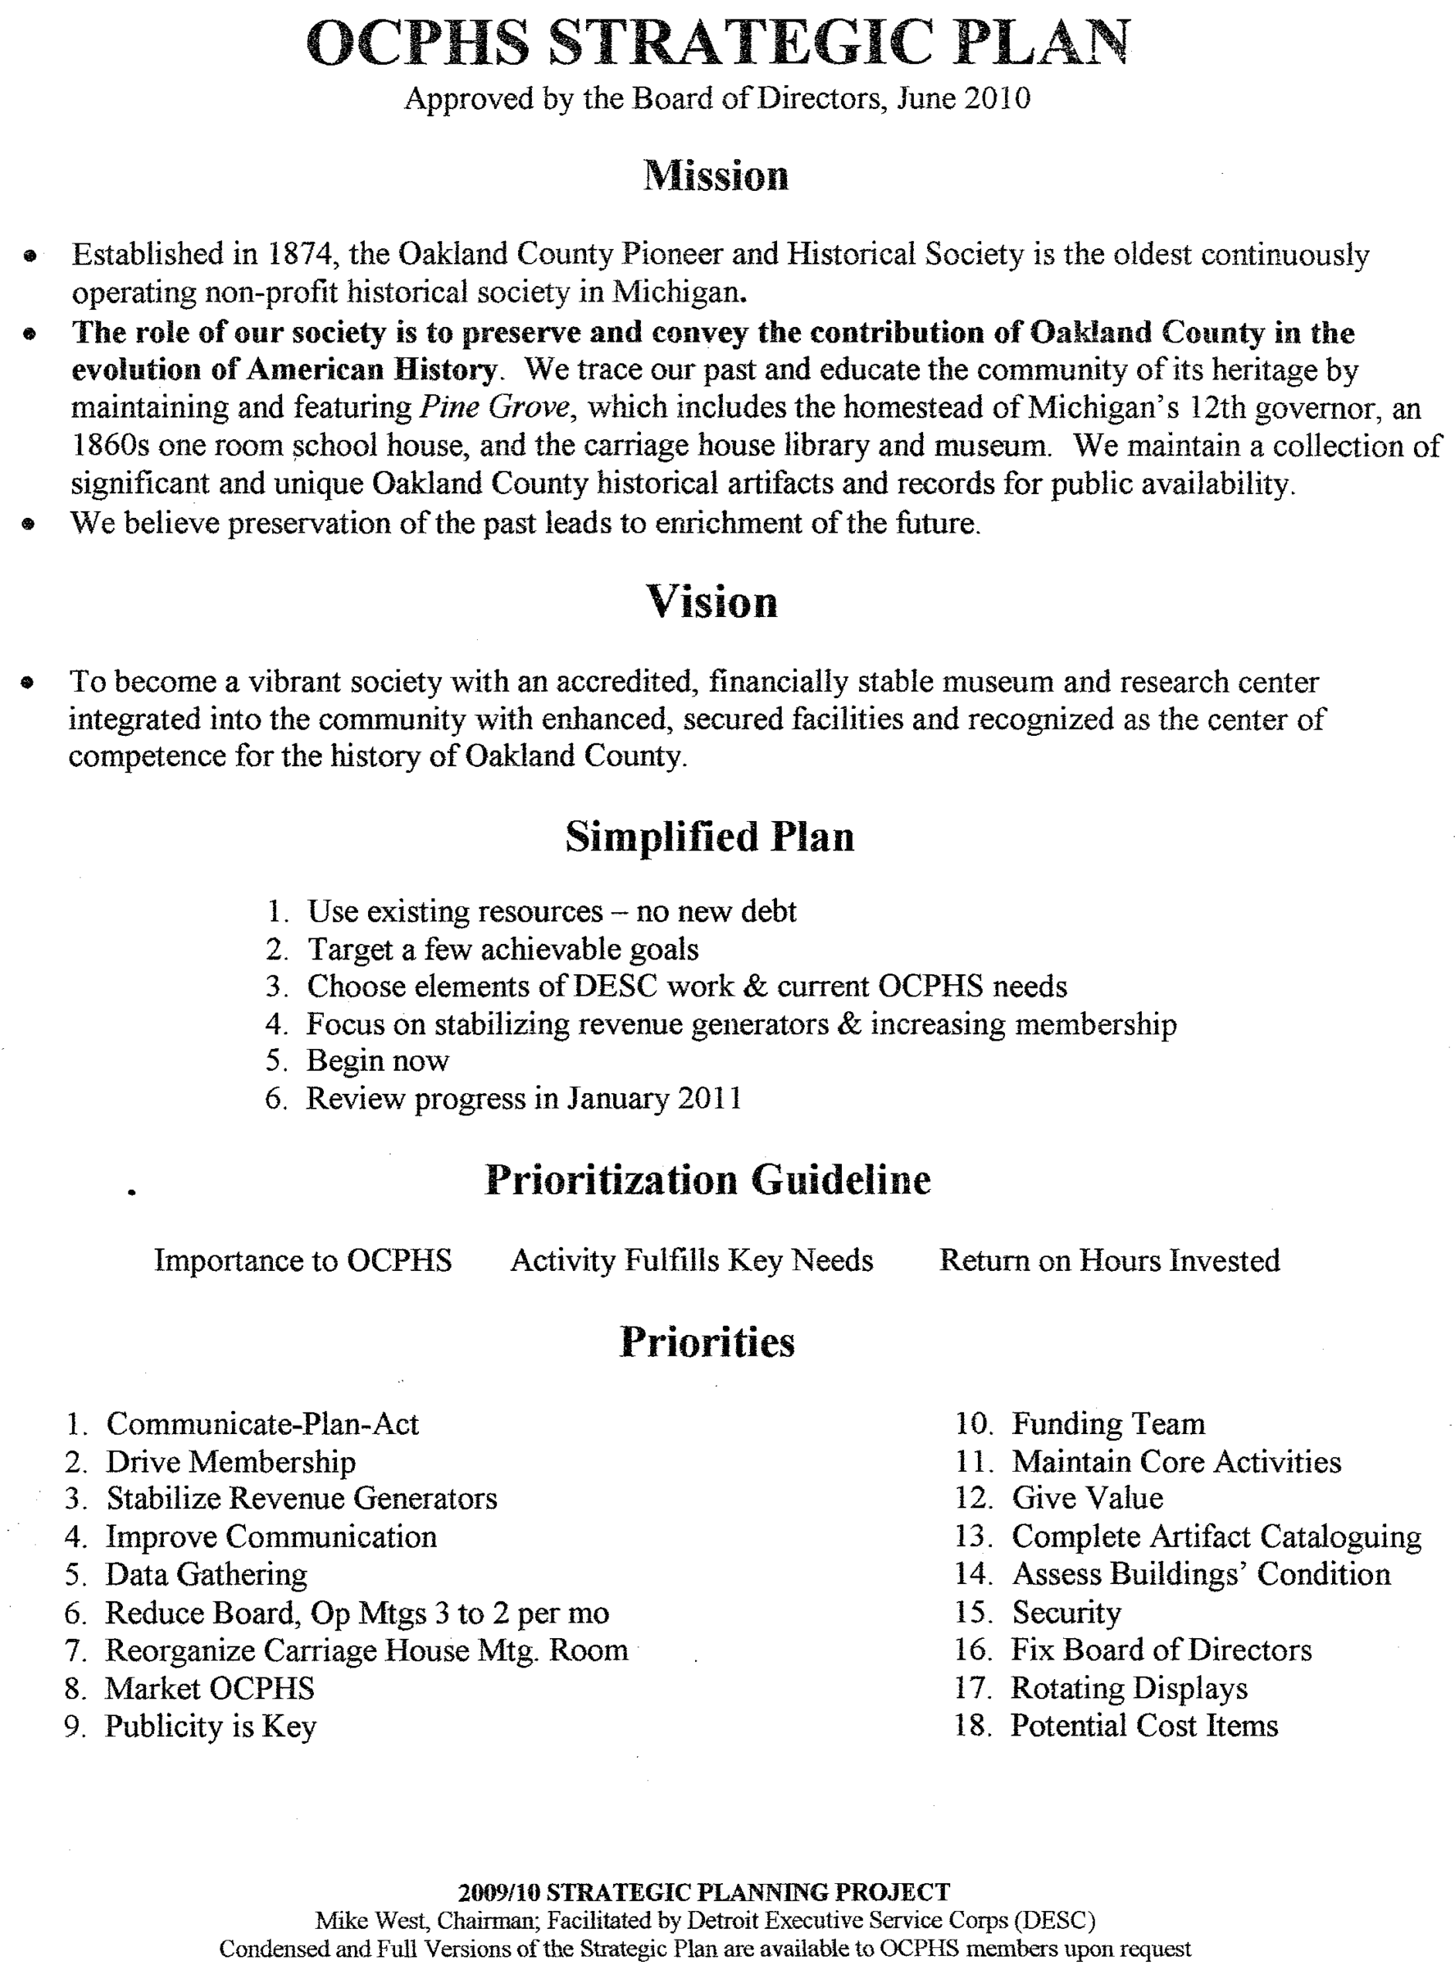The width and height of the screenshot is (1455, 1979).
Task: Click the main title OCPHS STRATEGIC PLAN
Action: (717, 44)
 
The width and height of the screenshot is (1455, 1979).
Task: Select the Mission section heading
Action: (715, 175)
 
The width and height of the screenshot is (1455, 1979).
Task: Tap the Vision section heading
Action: (711, 602)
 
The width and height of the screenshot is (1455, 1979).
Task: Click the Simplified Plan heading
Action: (710, 836)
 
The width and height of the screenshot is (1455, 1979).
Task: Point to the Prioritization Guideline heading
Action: (707, 1180)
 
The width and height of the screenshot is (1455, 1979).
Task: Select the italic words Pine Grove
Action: (494, 407)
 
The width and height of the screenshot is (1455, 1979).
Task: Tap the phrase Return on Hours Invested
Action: (1109, 1260)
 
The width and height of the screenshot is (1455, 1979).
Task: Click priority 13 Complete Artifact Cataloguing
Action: (1216, 1537)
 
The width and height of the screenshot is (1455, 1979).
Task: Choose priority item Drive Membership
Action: (230, 1462)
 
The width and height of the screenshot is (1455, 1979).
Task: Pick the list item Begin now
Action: (377, 1061)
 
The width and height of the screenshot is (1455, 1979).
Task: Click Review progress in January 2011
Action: (523, 1098)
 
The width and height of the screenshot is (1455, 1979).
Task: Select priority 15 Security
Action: (1065, 1613)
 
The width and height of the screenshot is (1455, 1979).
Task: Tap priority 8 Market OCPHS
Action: (210, 1688)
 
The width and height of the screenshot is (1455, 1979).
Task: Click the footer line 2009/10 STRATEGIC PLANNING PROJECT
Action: (704, 1892)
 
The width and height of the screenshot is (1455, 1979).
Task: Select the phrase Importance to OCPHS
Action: (303, 1260)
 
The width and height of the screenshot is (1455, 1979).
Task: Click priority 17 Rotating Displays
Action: (1128, 1688)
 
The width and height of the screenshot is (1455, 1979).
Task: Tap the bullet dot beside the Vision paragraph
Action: (29, 683)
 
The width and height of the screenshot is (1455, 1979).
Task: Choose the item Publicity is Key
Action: (210, 1726)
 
